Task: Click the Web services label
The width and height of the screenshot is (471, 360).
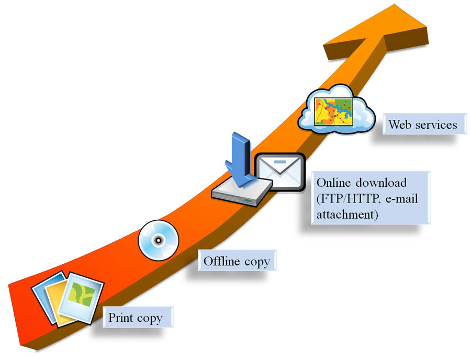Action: coord(422,125)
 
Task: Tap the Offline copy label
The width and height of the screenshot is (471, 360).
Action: coord(237,261)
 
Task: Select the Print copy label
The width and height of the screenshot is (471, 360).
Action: coord(135,318)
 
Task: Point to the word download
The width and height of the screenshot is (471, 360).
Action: coord(380,183)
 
